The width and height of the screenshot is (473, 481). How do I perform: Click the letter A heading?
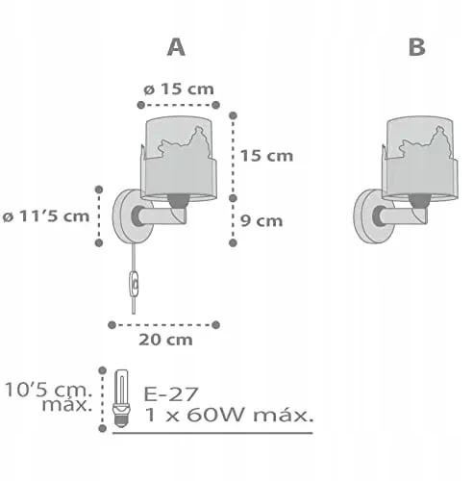[176, 47]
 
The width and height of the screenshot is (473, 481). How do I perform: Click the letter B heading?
[417, 47]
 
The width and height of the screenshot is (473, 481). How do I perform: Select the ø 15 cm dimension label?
[179, 89]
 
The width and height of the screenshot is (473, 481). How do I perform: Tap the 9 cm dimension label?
[261, 221]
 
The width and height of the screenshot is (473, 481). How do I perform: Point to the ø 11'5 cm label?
[46, 216]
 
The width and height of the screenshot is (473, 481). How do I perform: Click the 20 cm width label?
[165, 340]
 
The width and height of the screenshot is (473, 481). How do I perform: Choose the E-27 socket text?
[171, 393]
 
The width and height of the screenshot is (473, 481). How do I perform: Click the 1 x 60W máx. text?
[229, 415]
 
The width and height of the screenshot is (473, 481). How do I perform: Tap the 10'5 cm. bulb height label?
[49, 397]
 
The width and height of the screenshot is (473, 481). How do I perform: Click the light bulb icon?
[122, 398]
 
